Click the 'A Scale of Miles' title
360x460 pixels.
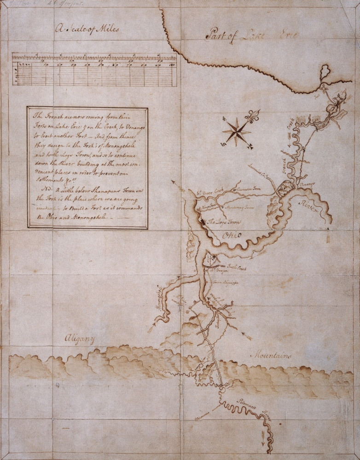point(86,29)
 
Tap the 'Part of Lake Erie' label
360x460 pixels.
point(252,34)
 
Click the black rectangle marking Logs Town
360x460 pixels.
point(203,223)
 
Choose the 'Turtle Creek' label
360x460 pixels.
point(237,267)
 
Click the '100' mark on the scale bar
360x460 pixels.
point(171,65)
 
